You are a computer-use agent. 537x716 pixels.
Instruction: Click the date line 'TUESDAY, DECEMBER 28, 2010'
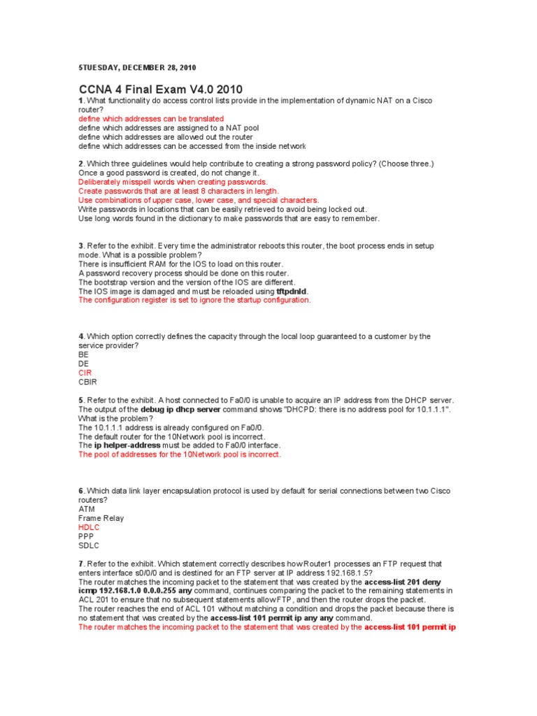[x=138, y=68]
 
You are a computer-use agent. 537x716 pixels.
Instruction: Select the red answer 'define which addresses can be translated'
[x=151, y=119]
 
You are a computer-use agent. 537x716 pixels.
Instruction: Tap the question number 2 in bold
[x=81, y=164]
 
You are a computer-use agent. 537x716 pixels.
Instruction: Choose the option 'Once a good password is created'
[x=169, y=173]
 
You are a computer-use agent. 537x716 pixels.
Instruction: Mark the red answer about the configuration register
[x=194, y=300]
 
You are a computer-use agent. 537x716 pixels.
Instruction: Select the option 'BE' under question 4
[x=84, y=355]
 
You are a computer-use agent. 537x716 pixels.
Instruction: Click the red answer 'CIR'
[x=85, y=373]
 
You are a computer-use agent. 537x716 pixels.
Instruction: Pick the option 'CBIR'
[x=88, y=382]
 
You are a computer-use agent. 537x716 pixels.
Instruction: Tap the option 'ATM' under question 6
[x=87, y=510]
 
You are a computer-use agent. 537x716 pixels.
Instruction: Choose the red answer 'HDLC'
[x=89, y=528]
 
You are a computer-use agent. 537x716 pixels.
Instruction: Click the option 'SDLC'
[x=89, y=546]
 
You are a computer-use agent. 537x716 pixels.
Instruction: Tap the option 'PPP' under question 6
[x=86, y=537]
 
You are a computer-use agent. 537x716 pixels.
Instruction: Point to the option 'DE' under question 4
[x=84, y=364]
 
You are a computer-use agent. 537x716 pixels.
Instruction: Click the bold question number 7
[x=81, y=564]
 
